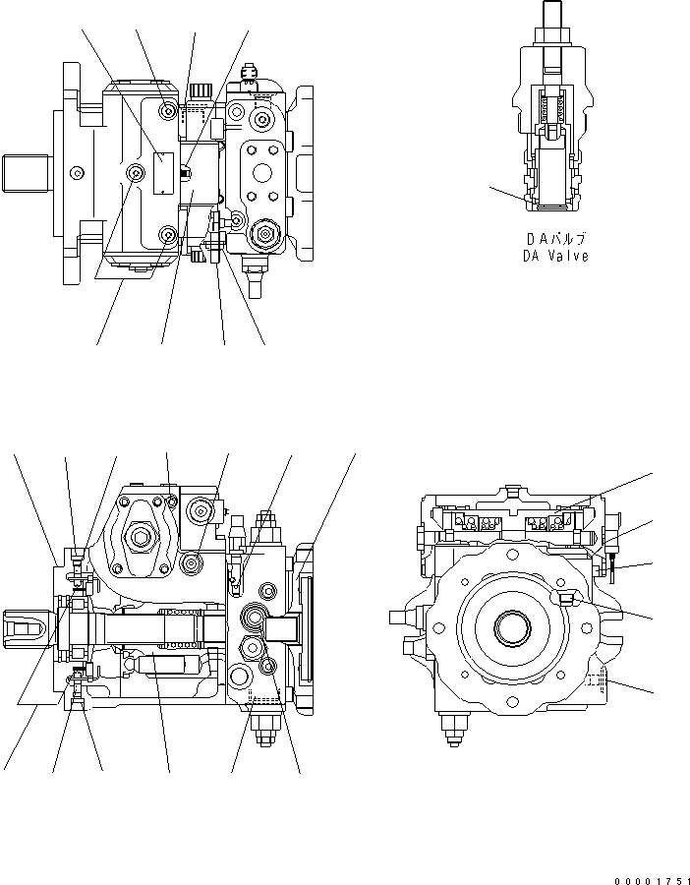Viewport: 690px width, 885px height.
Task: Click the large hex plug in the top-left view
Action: pos(263,233)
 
